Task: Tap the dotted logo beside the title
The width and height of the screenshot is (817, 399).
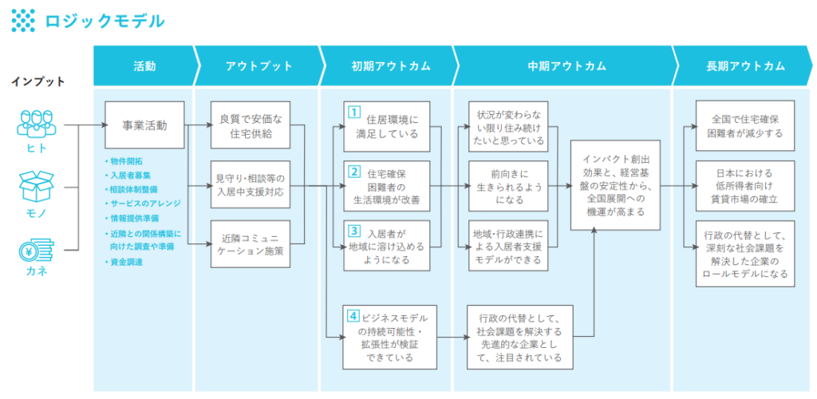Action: coord(23,20)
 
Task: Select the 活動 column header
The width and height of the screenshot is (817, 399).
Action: coord(144,66)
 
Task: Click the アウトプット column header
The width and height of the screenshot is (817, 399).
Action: coord(259,66)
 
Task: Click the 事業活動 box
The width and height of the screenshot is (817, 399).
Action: coord(144,125)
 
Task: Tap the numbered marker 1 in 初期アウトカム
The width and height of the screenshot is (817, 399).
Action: coord(353,112)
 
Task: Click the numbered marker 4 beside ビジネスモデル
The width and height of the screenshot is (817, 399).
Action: coord(353,314)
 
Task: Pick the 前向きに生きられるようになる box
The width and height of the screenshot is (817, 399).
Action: coord(508,185)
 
